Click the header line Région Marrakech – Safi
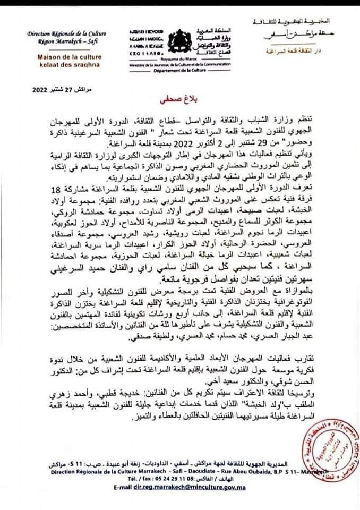63,40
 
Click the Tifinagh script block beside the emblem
143,38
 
